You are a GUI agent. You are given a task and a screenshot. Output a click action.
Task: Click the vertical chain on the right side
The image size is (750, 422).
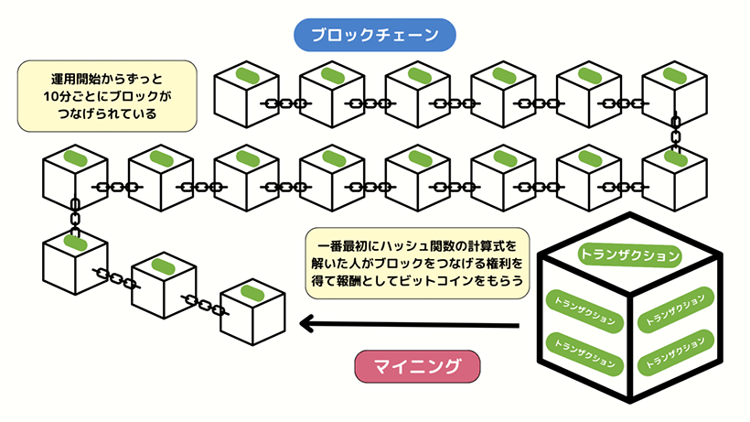tap(676, 134)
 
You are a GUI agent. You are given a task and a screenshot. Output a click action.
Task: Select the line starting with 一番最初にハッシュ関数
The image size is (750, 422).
tap(417, 245)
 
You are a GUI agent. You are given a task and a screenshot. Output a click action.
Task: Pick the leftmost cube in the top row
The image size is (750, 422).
tap(245, 96)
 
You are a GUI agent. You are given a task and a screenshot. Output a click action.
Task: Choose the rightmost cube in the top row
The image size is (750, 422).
tap(674, 96)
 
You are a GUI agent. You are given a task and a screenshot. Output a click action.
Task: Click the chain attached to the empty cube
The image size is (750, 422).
tap(203, 304)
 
